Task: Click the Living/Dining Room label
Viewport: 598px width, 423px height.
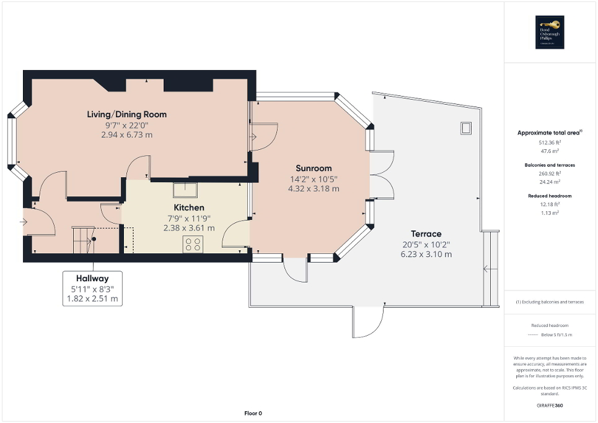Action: [126, 115]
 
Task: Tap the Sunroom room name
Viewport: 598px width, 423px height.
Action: [313, 168]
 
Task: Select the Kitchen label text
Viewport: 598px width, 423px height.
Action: [188, 207]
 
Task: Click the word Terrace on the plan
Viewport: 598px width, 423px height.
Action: [426, 234]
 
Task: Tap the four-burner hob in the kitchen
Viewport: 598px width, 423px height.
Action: [193, 245]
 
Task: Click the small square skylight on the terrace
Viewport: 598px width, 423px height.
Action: [465, 128]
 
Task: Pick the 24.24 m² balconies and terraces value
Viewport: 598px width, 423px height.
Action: [550, 183]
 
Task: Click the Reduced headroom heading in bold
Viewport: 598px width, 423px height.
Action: [550, 196]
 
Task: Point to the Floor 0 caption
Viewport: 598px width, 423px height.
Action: [253, 413]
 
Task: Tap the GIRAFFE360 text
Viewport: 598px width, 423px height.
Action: [550, 406]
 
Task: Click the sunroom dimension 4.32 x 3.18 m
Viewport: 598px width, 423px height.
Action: [313, 188]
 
